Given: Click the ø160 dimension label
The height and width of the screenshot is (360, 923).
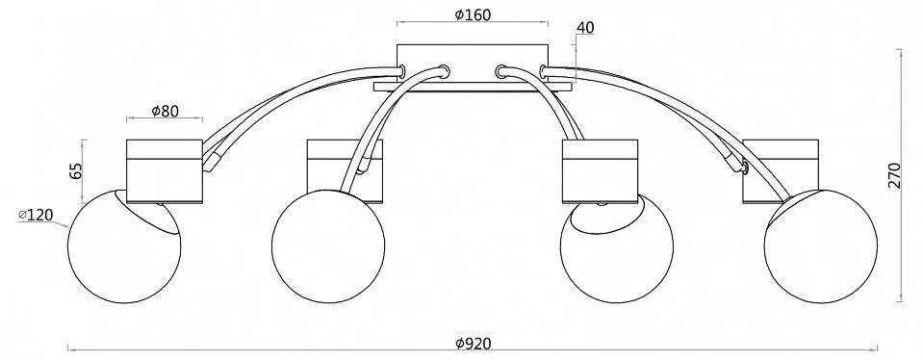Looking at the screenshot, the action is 473,14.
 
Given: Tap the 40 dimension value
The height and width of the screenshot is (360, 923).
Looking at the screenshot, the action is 586,28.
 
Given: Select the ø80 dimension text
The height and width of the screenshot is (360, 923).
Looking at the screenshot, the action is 165,111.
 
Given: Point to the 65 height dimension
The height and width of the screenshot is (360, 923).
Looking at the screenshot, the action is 75,171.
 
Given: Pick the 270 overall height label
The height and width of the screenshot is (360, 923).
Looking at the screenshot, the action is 894,175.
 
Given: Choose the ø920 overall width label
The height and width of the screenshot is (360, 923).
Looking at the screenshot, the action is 474,343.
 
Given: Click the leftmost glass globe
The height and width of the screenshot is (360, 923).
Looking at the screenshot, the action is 124,245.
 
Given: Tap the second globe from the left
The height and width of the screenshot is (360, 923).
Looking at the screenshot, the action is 328,246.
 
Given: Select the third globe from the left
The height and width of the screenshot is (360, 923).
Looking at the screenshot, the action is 617,247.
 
